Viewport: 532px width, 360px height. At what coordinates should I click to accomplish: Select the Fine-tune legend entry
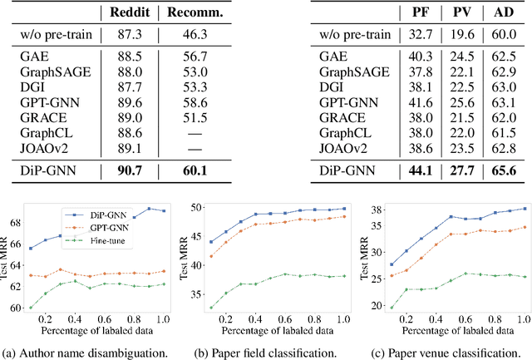98,239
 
